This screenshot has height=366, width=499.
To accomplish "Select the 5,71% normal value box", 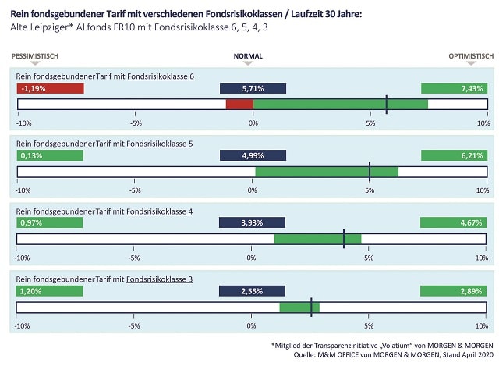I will tap(253, 89).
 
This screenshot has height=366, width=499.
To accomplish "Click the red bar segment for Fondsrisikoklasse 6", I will tap(239, 105).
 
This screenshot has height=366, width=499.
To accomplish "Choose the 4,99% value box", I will tap(253, 156).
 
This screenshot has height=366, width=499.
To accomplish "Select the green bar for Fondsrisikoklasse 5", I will tap(327, 172).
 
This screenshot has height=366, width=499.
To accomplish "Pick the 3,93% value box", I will tap(253, 223).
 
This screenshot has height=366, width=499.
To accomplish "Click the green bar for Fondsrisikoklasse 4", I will tap(317, 239).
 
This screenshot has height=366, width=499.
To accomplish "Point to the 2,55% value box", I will tap(253, 291).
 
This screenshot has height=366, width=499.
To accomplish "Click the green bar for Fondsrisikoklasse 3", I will tap(299, 307).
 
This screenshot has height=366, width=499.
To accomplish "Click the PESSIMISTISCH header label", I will tap(35, 56).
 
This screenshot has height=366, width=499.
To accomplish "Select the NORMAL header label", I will tap(249, 56).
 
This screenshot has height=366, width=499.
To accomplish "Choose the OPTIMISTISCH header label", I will tap(470, 56).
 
